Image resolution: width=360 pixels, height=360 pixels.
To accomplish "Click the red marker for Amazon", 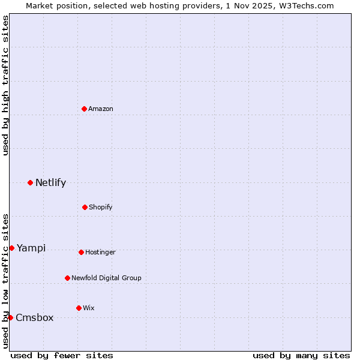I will (85, 109).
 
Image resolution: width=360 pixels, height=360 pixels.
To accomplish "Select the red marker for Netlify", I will (30, 182).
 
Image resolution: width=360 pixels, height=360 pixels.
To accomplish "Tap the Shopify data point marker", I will (85, 207).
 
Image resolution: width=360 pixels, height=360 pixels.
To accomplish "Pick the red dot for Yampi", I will (11, 248).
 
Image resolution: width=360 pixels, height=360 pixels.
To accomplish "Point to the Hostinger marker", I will (81, 252).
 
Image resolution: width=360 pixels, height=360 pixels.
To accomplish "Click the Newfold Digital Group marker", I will (67, 278).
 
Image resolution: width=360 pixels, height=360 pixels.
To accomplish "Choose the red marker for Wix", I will (79, 308).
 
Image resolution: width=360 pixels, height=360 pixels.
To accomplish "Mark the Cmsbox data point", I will (10, 317).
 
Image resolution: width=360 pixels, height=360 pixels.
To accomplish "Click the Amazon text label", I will (101, 109).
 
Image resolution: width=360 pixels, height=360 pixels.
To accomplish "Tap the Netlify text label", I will (50, 182).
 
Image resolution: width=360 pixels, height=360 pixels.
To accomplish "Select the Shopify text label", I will (101, 207).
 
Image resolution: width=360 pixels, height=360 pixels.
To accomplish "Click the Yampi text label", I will (31, 248).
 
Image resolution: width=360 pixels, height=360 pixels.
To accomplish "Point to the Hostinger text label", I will (100, 252).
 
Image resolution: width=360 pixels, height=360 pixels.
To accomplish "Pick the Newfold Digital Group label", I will (106, 278).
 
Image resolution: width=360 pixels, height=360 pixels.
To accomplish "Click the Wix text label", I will (89, 308).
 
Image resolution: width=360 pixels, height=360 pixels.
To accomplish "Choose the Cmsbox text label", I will (35, 317).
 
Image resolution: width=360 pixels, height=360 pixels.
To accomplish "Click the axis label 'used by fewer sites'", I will (62, 355).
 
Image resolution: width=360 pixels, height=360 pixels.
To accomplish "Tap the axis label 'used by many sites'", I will (301, 355).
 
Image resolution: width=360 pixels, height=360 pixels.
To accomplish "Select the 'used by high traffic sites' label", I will (5, 85).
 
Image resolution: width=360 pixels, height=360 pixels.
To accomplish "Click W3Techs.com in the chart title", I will (305, 5).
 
